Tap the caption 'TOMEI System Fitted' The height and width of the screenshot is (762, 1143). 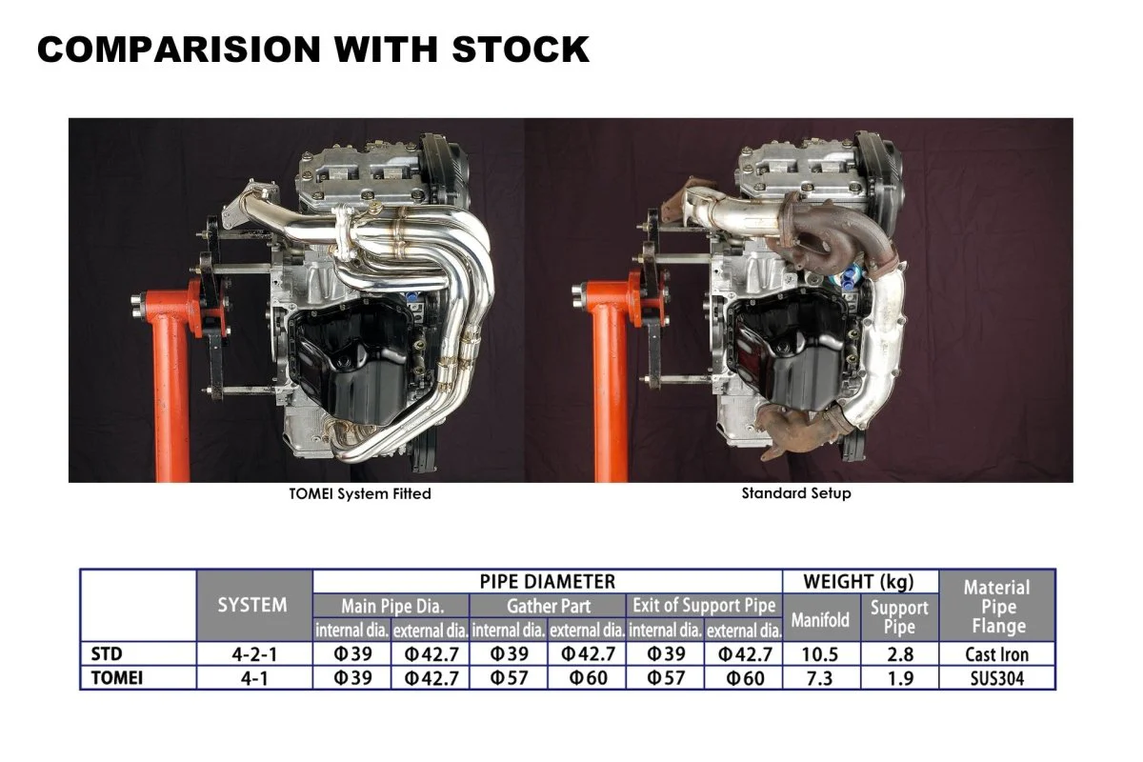coord(360,493)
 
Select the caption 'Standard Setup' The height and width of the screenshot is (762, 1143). coord(796,493)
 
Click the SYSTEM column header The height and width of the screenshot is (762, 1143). coord(252,605)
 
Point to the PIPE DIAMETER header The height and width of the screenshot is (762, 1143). coord(548,581)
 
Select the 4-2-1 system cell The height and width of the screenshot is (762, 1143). coord(252,654)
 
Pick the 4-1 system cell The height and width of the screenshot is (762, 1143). coord(252,678)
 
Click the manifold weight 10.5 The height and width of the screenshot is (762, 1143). coord(821,654)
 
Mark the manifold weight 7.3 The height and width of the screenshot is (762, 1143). coord(821,678)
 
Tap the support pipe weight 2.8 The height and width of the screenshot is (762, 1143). coord(899,654)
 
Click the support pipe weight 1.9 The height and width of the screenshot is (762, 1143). coord(899,678)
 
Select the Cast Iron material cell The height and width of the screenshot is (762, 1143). coord(996,654)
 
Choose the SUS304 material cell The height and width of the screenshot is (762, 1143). coord(996,678)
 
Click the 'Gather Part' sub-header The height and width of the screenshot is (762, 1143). coord(549,606)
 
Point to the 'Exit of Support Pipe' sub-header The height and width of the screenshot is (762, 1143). coord(705,606)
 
